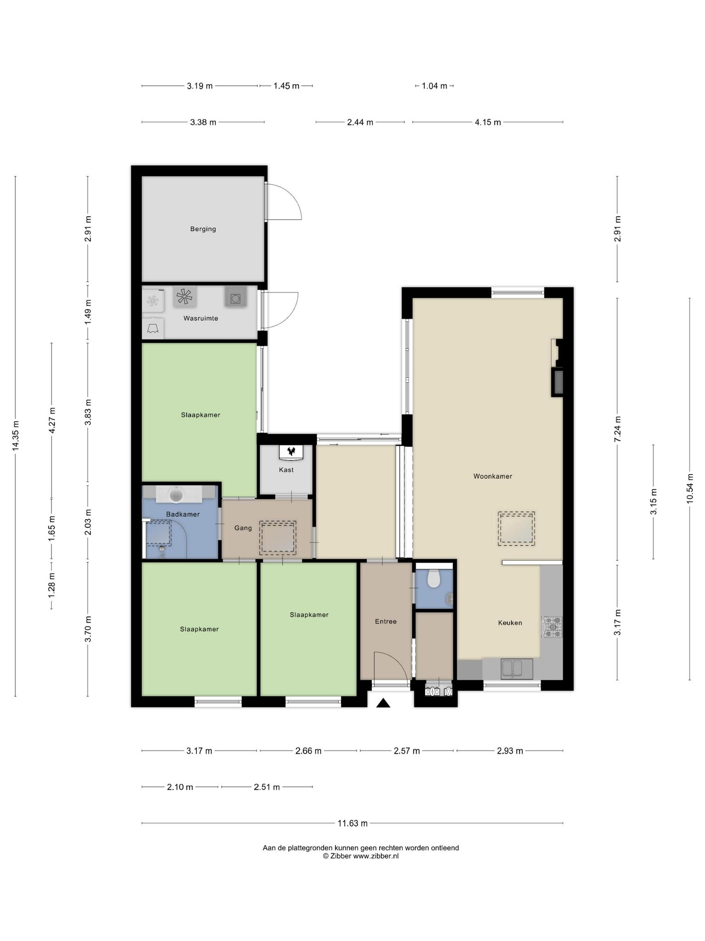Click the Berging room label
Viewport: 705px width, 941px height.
pos(203,229)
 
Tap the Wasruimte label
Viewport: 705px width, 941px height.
pos(201,318)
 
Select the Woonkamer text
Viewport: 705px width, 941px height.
pos(492,476)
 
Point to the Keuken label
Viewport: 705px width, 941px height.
pos(510,623)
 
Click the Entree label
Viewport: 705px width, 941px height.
pos(386,622)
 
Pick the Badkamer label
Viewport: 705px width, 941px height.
pos(183,514)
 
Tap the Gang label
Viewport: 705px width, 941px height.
pos(243,528)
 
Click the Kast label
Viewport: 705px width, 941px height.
pos(286,470)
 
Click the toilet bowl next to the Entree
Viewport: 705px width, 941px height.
pos(434,578)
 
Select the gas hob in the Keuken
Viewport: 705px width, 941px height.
pos(552,627)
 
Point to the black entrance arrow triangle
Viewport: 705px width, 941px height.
pos(383,703)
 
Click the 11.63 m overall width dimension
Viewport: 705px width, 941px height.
pos(352,823)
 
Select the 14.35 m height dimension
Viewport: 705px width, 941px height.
pos(16,436)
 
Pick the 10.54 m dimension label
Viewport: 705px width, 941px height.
pos(690,488)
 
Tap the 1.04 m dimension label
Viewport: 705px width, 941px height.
pos(434,86)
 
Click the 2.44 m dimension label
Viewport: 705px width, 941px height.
pos(360,122)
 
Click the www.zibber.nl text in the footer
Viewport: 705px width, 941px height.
pos(376,856)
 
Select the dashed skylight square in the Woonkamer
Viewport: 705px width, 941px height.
pos(516,529)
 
